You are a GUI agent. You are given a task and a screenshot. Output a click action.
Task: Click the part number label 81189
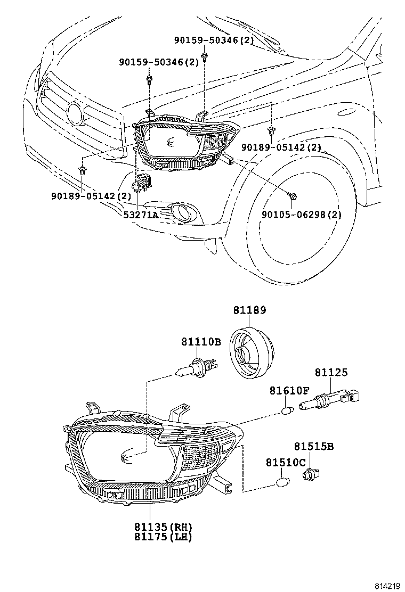pyautogui.click(x=249, y=310)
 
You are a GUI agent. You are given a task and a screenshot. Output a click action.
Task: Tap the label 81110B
pyautogui.click(x=200, y=342)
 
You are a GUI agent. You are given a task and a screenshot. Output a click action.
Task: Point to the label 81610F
pyautogui.click(x=289, y=391)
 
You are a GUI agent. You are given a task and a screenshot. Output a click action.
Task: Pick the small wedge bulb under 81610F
pyautogui.click(x=287, y=410)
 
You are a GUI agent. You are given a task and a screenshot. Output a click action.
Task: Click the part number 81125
pyautogui.click(x=330, y=373)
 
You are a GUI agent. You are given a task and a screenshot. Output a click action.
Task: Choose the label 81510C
pyautogui.click(x=286, y=463)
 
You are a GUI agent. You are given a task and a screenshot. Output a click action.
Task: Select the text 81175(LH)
pyautogui.click(x=163, y=537)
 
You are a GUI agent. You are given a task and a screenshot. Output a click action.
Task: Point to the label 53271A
pyautogui.click(x=141, y=215)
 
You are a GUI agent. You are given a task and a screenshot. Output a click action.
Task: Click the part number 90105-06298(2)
pyautogui.click(x=301, y=215)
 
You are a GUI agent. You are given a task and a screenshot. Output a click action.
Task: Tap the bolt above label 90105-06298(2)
pyautogui.click(x=291, y=196)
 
